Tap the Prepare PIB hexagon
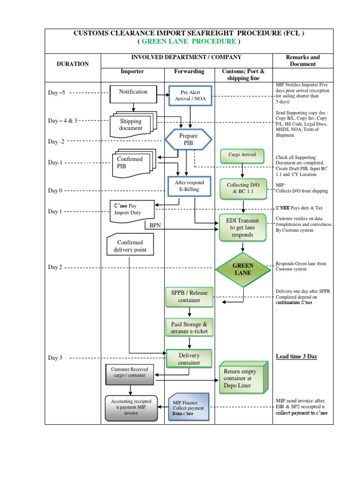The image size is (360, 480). tap(188, 139)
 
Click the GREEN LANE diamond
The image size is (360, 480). tap(243, 269)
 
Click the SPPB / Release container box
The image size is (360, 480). tap(189, 296)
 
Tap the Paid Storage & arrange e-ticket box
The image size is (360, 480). tap(189, 328)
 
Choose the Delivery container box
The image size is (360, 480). tap(189, 359)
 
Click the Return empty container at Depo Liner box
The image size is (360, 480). tap(242, 378)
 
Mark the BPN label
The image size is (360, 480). tap(155, 225)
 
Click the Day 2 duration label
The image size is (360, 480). tap(55, 267)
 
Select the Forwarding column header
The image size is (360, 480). tap(189, 72)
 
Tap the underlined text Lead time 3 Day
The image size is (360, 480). tap(296, 356)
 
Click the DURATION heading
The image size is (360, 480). tap(73, 64)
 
